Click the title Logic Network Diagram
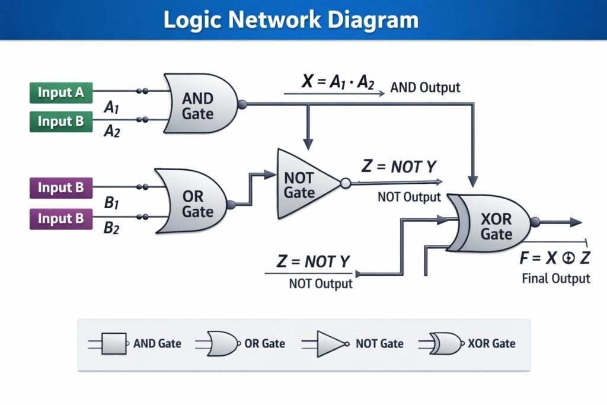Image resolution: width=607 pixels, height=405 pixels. (290, 20)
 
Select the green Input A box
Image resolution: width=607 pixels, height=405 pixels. (61, 93)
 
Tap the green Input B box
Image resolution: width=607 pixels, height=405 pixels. (61, 121)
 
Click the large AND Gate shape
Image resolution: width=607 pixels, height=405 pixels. (199, 104)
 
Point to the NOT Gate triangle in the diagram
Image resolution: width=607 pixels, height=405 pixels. (303, 183)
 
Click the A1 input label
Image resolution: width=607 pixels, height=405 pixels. (112, 108)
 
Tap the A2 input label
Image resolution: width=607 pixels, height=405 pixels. (112, 132)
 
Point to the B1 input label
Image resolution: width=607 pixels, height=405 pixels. (112, 203)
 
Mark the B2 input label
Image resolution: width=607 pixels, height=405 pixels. (112, 227)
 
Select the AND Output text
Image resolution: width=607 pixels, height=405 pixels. (424, 88)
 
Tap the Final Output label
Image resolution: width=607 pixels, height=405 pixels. (556, 279)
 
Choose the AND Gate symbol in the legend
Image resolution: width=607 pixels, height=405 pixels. (114, 343)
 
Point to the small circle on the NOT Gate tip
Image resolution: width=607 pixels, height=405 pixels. (345, 183)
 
